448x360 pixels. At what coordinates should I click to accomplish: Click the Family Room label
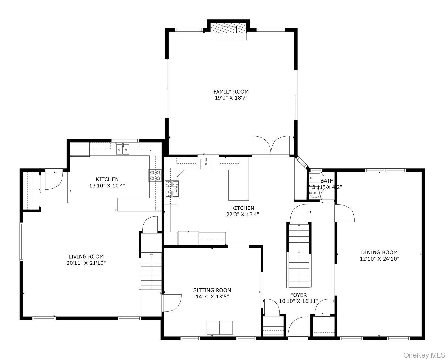tap(231, 92)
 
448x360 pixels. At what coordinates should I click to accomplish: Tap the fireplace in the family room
tap(229, 28)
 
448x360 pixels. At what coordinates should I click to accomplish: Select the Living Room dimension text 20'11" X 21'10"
tap(86, 263)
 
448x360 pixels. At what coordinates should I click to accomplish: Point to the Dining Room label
tap(379, 252)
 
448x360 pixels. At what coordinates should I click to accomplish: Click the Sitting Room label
tap(212, 290)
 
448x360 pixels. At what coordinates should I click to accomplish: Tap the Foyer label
tap(298, 295)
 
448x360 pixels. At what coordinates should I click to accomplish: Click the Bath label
tap(327, 181)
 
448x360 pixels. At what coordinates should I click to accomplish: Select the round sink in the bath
tap(314, 193)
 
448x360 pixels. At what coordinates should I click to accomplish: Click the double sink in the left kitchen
tap(123, 150)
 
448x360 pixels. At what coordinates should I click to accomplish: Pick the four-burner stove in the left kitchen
tap(155, 175)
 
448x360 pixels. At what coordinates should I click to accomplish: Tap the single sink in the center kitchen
tap(206, 164)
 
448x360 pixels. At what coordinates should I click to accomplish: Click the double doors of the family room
tap(271, 146)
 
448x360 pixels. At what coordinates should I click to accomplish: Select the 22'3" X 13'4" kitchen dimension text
tap(242, 214)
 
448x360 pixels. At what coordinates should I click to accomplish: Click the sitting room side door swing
tap(172, 303)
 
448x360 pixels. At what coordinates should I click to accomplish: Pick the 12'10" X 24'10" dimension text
tap(379, 259)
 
